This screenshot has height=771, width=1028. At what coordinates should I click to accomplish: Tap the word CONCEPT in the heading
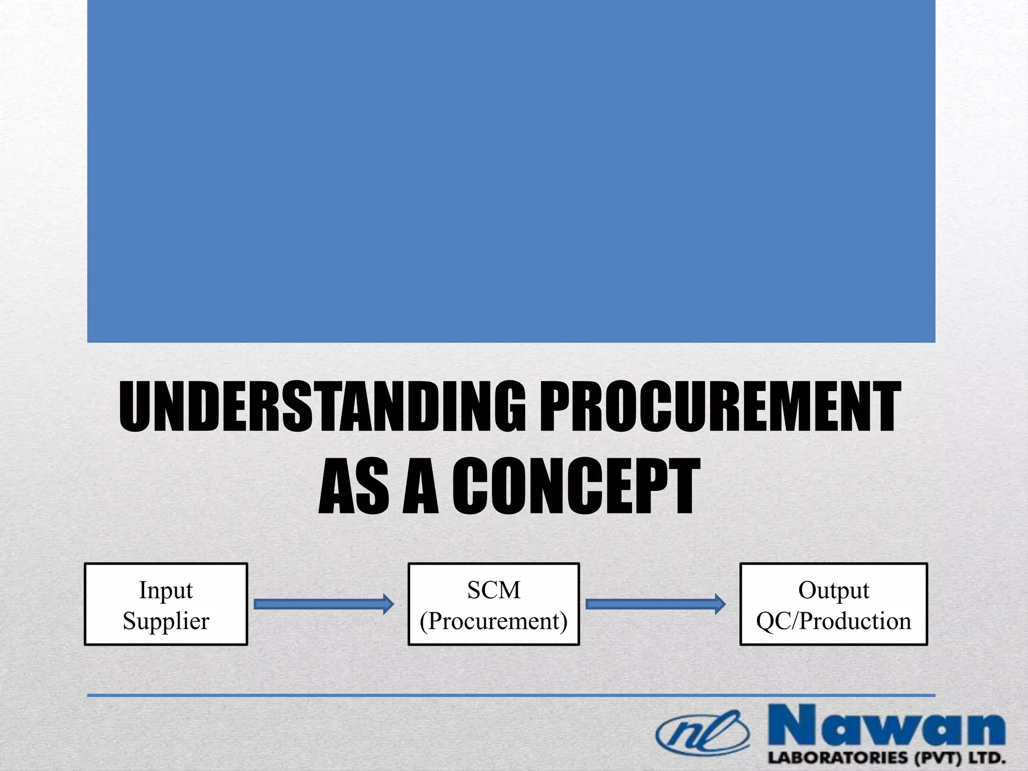[x=576, y=487]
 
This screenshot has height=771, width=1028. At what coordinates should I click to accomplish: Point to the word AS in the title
[x=354, y=487]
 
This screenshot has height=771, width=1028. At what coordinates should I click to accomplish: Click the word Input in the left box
[x=166, y=590]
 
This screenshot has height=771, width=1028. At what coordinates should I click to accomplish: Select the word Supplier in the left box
[x=166, y=621]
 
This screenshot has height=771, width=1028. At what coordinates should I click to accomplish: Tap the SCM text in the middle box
[x=493, y=590]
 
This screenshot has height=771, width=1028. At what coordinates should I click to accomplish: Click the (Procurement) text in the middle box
[x=493, y=621]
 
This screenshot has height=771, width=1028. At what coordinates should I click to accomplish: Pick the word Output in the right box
[x=833, y=590]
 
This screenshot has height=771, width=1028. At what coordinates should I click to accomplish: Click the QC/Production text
[x=833, y=621]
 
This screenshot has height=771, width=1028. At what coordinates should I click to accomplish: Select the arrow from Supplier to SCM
[x=321, y=604]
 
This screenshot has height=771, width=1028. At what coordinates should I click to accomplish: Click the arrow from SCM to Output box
[x=653, y=604]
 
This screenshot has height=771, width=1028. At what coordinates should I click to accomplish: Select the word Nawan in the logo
[x=886, y=727]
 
